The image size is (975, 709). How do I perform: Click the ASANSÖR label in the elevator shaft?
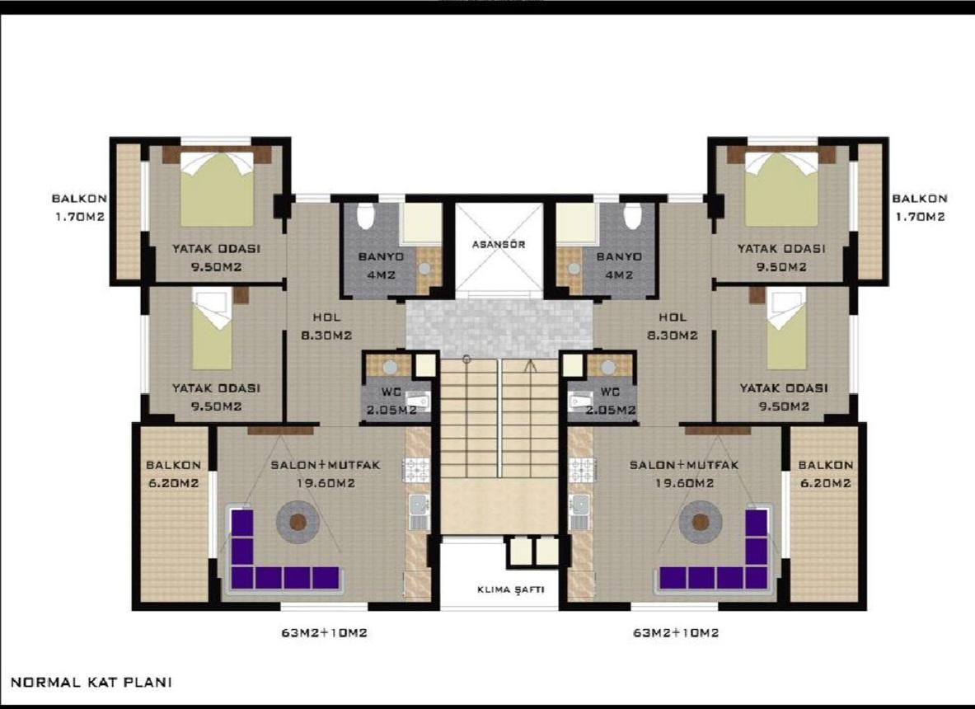point(499,244)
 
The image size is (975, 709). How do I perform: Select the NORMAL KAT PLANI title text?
point(91,683)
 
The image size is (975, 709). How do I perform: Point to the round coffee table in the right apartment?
point(701,522)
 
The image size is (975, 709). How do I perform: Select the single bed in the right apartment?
point(786,338)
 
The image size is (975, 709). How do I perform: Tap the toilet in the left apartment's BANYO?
point(365,216)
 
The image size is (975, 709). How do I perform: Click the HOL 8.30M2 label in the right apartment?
point(673,326)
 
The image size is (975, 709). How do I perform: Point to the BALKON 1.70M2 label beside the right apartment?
point(919,208)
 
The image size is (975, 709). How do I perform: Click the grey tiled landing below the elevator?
point(499,328)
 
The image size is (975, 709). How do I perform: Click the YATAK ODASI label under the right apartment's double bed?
point(780,256)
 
